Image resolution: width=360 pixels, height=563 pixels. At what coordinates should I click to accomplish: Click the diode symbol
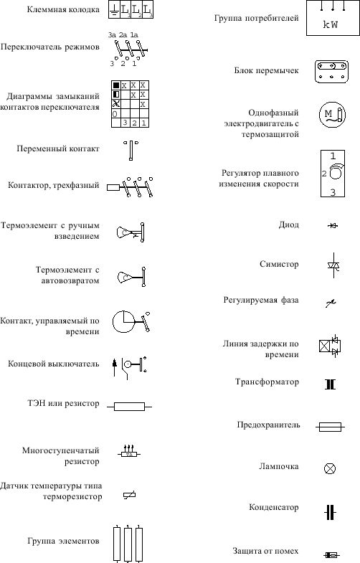click(x=333, y=225)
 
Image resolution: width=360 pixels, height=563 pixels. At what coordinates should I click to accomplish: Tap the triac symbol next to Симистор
click(x=333, y=265)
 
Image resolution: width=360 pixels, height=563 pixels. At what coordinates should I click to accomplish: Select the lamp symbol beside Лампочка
click(x=330, y=468)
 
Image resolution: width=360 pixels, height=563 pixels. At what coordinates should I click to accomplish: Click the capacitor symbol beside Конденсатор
click(x=330, y=512)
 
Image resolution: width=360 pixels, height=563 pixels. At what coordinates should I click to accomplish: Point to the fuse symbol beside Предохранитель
click(x=330, y=427)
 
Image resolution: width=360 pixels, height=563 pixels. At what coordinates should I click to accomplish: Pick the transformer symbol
click(x=330, y=384)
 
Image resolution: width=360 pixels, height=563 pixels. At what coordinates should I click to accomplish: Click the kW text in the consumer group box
click(x=330, y=25)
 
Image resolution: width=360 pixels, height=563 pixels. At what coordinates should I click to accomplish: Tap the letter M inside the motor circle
click(x=328, y=114)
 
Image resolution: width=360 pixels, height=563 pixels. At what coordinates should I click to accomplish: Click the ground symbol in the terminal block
click(x=114, y=11)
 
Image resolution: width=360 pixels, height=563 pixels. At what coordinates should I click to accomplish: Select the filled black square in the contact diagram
click(x=116, y=85)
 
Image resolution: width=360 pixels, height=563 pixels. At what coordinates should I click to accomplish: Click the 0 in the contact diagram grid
click(x=115, y=114)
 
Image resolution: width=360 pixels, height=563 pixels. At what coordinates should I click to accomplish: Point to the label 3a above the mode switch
click(x=112, y=35)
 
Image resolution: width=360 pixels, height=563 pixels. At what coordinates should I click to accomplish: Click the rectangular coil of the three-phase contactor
click(x=113, y=187)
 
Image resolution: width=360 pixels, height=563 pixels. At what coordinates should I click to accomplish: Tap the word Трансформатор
click(x=267, y=382)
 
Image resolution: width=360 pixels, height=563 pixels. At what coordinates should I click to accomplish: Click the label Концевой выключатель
click(x=54, y=364)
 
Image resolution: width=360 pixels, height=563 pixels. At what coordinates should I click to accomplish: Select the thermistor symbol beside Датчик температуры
click(x=129, y=495)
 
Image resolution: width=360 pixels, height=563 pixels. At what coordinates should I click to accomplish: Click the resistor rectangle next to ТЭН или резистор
click(x=129, y=407)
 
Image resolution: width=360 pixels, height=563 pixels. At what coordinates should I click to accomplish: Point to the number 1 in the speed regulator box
click(x=333, y=156)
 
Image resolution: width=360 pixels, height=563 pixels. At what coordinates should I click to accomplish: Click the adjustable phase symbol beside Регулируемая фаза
click(x=331, y=303)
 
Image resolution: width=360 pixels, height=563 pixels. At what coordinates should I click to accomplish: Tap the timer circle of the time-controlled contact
click(x=123, y=321)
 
